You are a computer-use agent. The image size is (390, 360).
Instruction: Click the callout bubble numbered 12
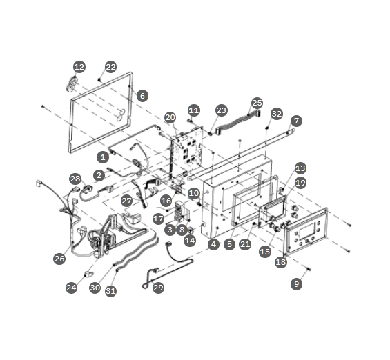[79, 67]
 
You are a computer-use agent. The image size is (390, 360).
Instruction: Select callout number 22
[110, 67]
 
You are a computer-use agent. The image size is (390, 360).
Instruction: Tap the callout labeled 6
[142, 96]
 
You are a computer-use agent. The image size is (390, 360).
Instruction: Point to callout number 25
[257, 103]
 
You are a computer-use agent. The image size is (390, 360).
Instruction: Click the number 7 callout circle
[296, 121]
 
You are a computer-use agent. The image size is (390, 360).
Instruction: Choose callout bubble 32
[277, 114]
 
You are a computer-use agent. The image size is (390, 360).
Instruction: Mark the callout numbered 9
[297, 283]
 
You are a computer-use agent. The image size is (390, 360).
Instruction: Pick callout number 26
[59, 259]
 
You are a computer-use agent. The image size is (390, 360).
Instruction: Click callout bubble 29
[158, 288]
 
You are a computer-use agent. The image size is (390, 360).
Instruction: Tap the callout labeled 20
[170, 117]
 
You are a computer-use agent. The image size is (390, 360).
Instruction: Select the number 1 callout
[103, 157]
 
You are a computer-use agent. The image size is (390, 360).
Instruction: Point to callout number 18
[281, 262]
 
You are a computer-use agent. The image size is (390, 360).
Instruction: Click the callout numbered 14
[190, 241]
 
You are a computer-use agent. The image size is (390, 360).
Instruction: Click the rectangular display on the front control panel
[307, 231]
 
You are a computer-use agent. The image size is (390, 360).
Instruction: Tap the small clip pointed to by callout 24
[88, 274]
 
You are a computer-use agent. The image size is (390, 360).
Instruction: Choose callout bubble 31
[110, 291]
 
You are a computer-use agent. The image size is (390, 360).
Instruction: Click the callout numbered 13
[300, 168]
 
